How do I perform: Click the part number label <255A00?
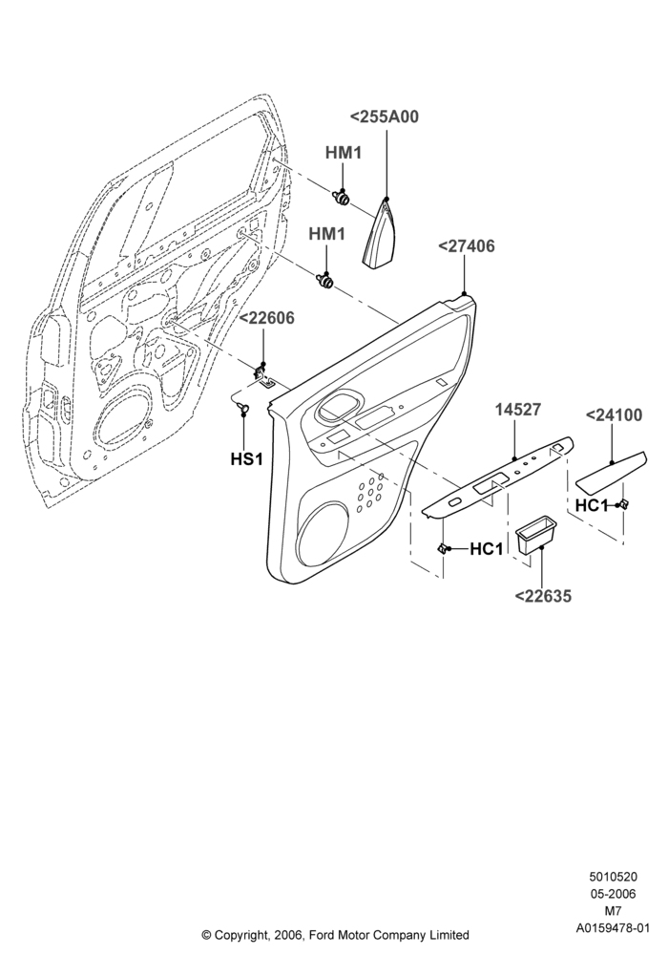[x=385, y=117]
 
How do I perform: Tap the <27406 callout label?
[x=467, y=246]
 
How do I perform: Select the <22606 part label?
[x=266, y=318]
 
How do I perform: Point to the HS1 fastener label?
[x=246, y=458]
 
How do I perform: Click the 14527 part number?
[x=518, y=410]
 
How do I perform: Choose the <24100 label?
[x=614, y=414]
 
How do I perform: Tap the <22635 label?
[x=543, y=596]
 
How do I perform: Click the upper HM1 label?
[x=344, y=152]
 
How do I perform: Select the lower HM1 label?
[x=326, y=233]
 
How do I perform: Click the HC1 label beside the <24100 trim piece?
[x=592, y=505]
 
